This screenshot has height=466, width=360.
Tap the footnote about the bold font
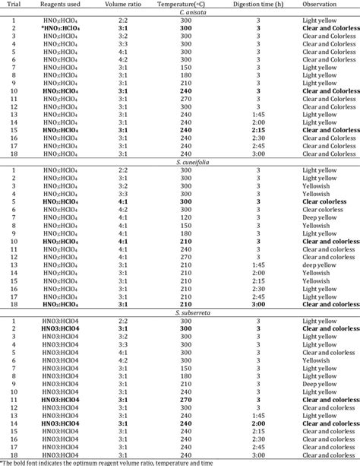point(99,461)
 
